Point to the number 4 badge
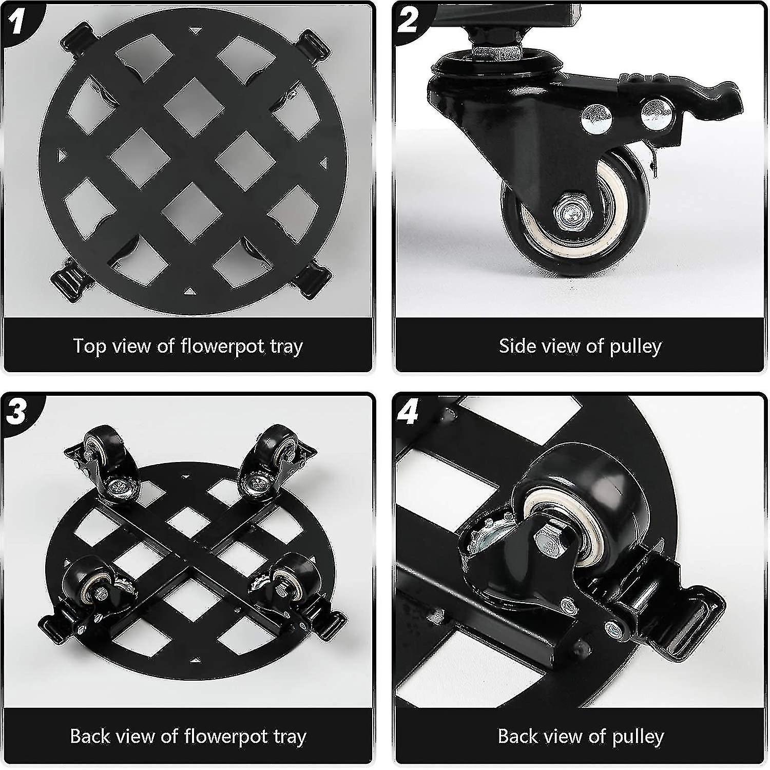coord(408,412)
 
